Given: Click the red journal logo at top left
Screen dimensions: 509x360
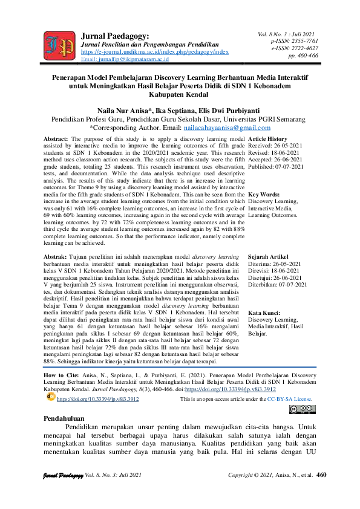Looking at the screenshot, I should (59, 44).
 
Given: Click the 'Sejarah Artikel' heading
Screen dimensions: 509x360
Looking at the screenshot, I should (269, 240).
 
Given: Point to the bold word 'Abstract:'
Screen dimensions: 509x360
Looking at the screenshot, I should (56, 139).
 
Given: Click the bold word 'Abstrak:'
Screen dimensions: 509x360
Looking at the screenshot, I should (56, 240).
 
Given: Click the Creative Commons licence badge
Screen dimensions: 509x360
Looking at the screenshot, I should (303, 409).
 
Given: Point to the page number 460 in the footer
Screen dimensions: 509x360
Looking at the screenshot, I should (321, 476).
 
